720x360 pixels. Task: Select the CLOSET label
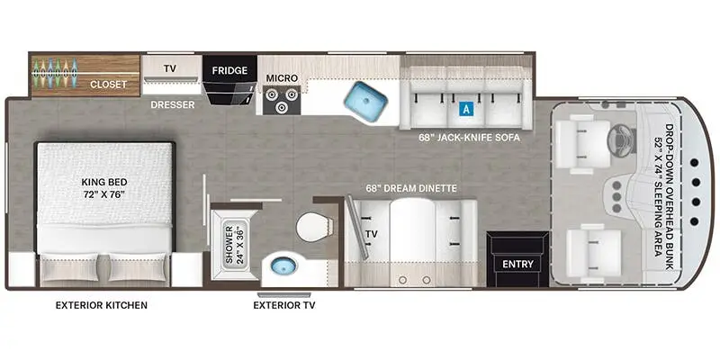coord(108,85)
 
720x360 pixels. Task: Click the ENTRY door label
coord(517,264)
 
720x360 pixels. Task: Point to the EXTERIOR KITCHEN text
coord(102,305)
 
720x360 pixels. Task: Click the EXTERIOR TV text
coord(284,305)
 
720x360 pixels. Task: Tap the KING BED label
coord(102,186)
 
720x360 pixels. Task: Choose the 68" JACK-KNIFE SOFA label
coord(470,138)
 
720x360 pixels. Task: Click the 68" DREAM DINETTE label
coord(411,188)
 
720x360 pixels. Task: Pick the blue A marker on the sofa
coord(465,109)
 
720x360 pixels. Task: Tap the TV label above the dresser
coord(169,67)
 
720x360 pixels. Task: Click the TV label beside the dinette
coord(370,234)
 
